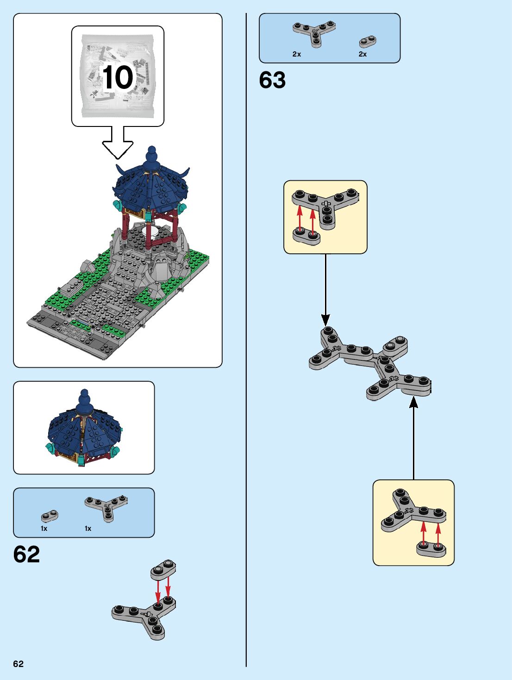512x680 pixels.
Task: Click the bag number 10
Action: click(x=118, y=77)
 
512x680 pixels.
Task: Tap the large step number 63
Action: click(x=272, y=80)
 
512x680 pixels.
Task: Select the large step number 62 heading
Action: click(x=26, y=554)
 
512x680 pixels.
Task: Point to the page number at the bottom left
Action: click(x=18, y=664)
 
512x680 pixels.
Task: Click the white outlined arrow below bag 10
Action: click(x=118, y=143)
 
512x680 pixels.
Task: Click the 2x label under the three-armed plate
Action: click(x=297, y=54)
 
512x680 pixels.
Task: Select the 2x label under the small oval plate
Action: click(x=362, y=54)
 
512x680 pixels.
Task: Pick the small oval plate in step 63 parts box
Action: click(x=368, y=42)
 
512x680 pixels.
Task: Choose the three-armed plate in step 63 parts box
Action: click(x=314, y=32)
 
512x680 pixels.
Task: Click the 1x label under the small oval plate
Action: click(x=44, y=529)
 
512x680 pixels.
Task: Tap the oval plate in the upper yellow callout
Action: click(x=306, y=236)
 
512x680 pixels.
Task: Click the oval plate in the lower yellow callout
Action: click(x=431, y=549)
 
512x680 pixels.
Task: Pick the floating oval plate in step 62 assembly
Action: click(x=163, y=569)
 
